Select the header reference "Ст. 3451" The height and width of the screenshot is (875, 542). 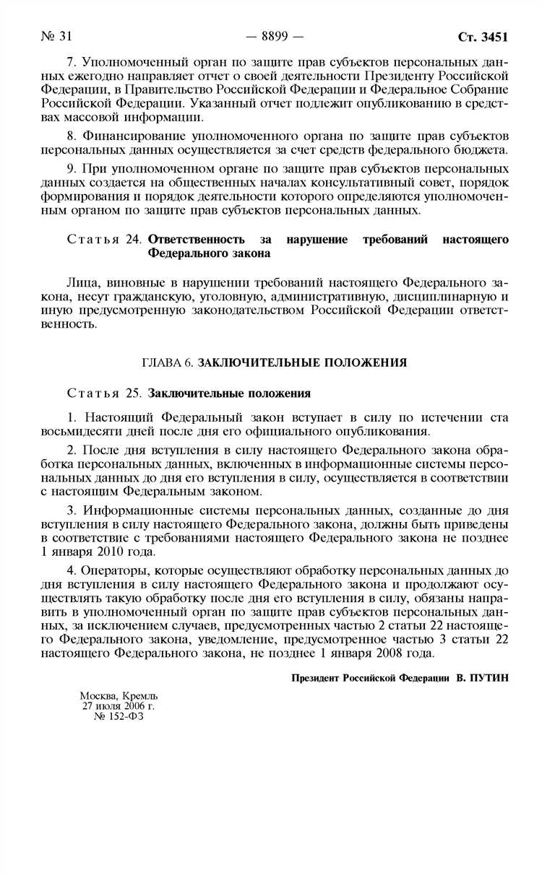pos(483,37)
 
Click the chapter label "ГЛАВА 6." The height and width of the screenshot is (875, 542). pos(167,363)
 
